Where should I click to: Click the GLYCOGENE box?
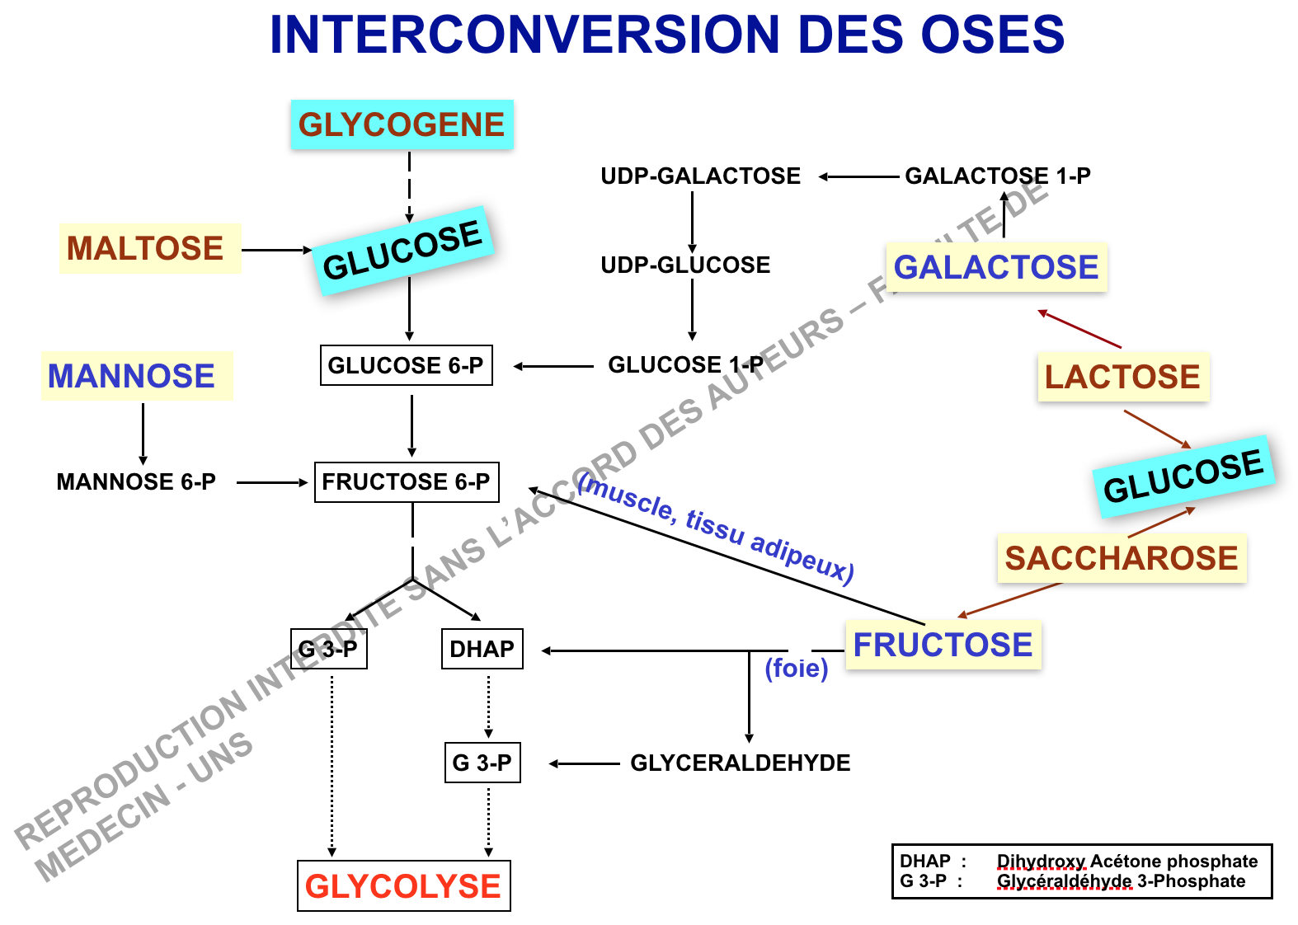[402, 124]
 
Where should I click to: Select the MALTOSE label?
[146, 248]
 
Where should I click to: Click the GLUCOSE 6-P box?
[406, 365]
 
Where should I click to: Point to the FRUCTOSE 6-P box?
[407, 482]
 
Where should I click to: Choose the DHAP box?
[482, 649]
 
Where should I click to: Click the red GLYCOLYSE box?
[403, 886]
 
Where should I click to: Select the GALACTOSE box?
[996, 267]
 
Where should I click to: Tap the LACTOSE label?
[1122, 377]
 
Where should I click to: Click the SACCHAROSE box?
[1122, 558]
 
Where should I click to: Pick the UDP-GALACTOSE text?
[701, 176]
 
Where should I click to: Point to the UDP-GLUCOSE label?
[685, 265]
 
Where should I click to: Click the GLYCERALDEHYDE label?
[741, 763]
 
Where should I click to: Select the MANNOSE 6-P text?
[136, 482]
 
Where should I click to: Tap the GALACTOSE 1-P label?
[998, 176]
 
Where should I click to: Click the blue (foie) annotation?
[797, 668]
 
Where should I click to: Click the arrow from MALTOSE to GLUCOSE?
[276, 250]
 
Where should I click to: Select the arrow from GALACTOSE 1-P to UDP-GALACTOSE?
[858, 176]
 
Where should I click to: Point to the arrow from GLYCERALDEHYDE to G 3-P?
[584, 764]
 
